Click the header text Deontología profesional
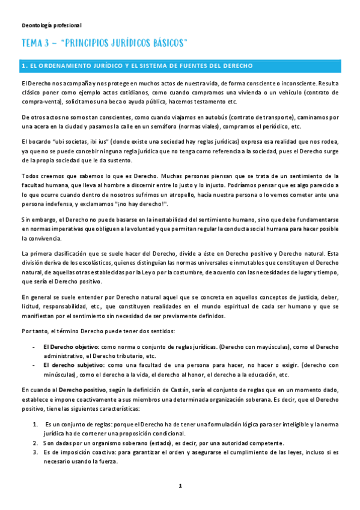[51, 25]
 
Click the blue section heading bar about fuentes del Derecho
[180, 66]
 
